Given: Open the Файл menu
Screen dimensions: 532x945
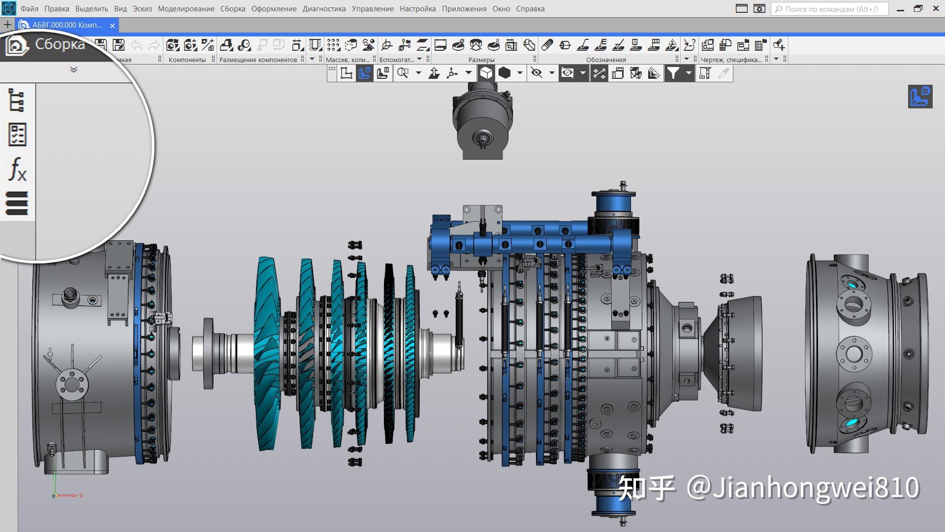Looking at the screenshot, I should (x=30, y=9).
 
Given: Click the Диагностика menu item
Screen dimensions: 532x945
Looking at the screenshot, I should (x=324, y=9).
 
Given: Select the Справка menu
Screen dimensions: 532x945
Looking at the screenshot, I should (x=530, y=9).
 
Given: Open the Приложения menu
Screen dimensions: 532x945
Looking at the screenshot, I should (x=464, y=9).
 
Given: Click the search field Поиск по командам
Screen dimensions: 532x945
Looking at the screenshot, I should (x=831, y=9).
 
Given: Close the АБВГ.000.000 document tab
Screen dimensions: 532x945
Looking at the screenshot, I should (x=112, y=26).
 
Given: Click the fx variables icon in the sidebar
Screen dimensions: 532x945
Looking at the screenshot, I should (x=18, y=169).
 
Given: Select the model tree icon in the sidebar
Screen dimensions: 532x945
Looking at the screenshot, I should (x=17, y=100).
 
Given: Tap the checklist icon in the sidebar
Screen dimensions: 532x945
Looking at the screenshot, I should (x=17, y=134).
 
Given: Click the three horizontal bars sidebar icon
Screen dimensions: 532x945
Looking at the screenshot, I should (x=17, y=203).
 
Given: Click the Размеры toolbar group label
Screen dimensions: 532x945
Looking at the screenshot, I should (x=481, y=60).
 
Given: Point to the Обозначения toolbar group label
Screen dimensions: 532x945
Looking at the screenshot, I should (x=606, y=60).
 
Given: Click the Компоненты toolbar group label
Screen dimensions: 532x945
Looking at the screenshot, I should (x=187, y=60).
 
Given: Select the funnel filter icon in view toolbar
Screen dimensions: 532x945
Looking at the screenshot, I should (x=673, y=73).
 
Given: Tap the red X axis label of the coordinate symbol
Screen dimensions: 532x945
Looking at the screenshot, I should (x=81, y=496).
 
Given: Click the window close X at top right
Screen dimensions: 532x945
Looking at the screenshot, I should (x=936, y=8).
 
